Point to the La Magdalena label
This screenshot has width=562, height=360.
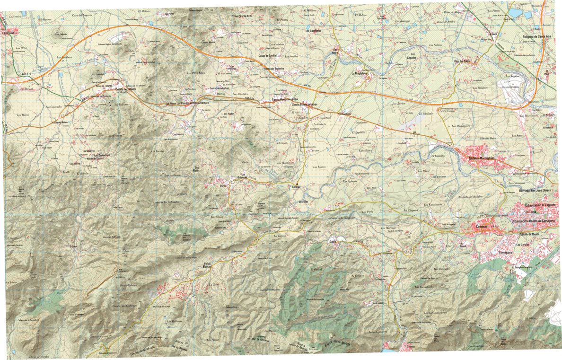pos(360,74)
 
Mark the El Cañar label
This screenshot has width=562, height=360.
pos(73,246)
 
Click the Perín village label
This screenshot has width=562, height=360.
pos(223,185)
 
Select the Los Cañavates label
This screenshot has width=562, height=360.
pos(104,155)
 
